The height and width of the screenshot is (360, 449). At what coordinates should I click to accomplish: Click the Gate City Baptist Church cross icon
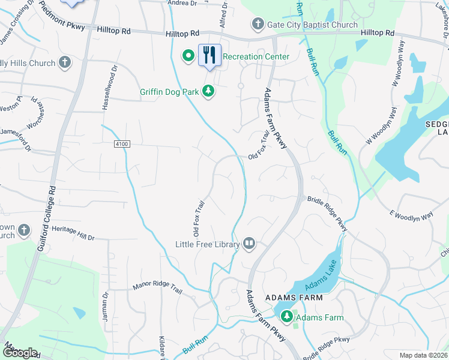point(258,25)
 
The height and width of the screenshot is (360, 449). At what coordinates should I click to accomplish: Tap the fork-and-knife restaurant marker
point(209,55)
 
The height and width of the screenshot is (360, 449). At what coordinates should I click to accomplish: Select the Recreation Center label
point(256,56)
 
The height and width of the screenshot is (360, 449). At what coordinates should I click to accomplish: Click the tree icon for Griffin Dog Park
point(208,92)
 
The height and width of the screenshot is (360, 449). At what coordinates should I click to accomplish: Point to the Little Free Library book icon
point(249,244)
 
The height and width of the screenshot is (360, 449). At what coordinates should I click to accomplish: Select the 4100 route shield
point(121,144)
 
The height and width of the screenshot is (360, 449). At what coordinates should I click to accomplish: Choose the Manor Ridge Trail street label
point(157,289)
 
